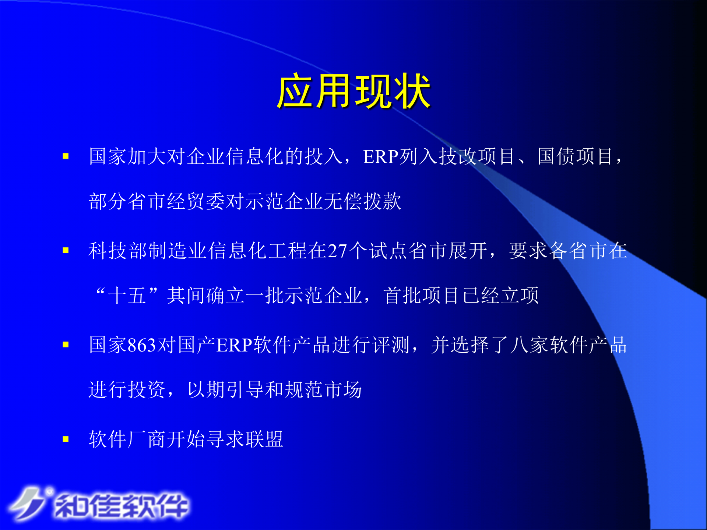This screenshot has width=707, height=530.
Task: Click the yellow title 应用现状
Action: [x=353, y=91]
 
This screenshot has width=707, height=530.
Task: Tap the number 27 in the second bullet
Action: [x=337, y=251]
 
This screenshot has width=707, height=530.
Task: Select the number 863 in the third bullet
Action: [x=141, y=345]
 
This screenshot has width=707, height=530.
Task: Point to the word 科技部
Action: [x=118, y=251]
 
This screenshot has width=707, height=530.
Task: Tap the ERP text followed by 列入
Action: [x=381, y=157]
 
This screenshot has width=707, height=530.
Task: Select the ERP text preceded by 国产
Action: [x=234, y=345]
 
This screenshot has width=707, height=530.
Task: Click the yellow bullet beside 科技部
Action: [x=66, y=251]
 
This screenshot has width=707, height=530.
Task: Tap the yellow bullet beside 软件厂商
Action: [x=66, y=439]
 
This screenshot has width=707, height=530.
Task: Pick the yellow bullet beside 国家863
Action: [x=66, y=345]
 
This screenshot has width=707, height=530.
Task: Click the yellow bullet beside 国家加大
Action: [x=66, y=156]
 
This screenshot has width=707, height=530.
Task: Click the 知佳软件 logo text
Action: [x=122, y=506]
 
